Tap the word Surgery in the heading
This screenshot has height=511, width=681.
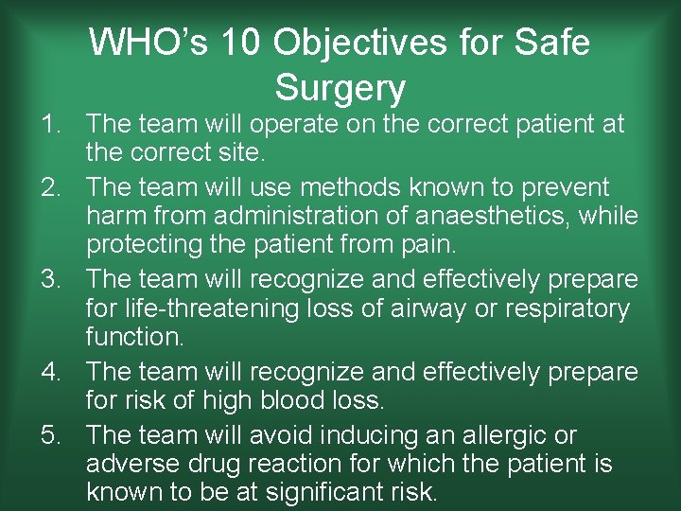pos(340,88)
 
